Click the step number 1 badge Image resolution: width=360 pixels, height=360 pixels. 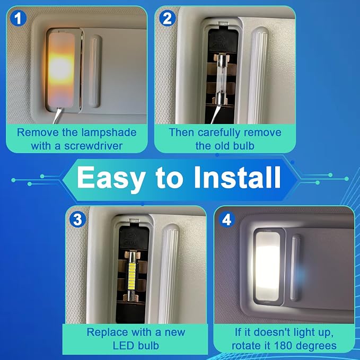point(18,19)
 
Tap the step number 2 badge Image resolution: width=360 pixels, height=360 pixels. point(168,19)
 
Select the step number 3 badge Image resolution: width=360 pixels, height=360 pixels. point(77,219)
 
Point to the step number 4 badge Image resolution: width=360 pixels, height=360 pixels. point(226,219)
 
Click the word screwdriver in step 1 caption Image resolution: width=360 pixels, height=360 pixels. point(93,146)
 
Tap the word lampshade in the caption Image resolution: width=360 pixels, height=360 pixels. point(109,133)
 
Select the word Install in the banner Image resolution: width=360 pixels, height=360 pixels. point(238,177)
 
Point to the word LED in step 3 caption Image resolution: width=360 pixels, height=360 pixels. point(124,346)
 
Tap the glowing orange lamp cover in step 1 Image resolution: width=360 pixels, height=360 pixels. point(61,70)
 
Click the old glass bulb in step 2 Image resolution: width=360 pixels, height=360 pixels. point(222,78)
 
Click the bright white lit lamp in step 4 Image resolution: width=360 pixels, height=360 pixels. point(268,266)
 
